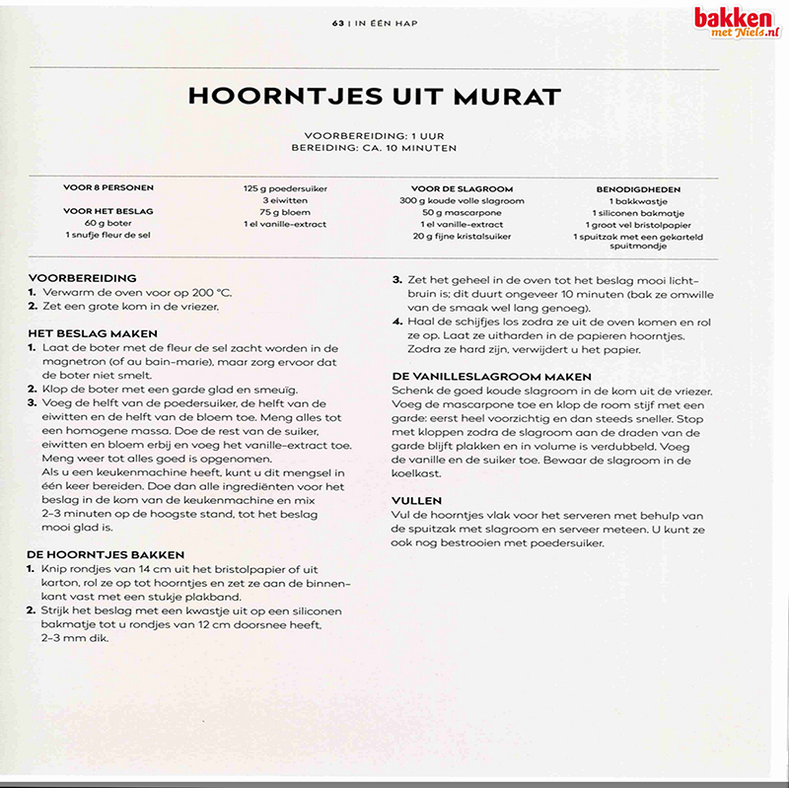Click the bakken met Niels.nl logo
736,22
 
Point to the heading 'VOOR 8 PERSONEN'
108,186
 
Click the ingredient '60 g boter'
108,223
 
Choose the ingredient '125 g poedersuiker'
286,187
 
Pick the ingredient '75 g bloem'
286,211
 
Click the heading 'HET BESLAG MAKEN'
94,333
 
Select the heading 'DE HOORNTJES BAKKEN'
107,554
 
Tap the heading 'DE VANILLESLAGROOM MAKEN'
491,377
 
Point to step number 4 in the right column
397,322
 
